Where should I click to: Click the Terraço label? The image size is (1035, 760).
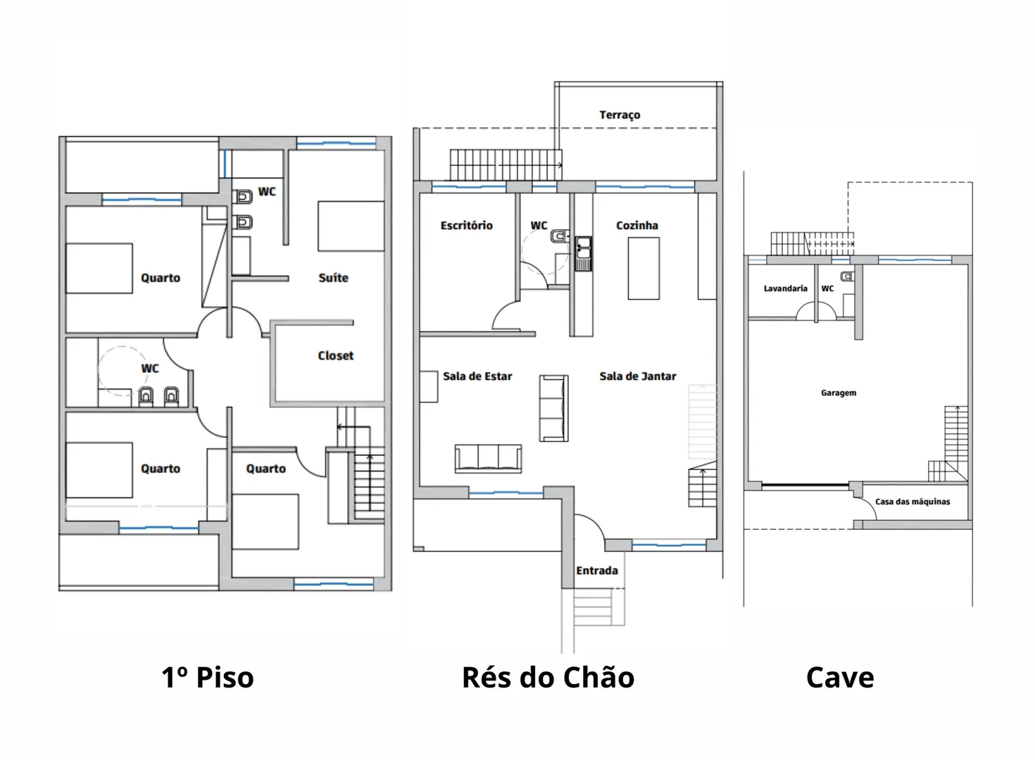[x=620, y=115]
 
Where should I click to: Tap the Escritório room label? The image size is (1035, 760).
[x=466, y=225]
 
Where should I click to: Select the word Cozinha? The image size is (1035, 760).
[x=636, y=225]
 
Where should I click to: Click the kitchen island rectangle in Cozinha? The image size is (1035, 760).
[x=644, y=268]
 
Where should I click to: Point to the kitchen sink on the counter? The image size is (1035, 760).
[x=583, y=253]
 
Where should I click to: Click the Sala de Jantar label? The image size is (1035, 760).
[x=638, y=376]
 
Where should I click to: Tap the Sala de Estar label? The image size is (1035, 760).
[x=477, y=376]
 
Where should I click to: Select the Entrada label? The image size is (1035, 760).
[x=597, y=571]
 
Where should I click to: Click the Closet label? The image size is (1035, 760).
[x=335, y=355]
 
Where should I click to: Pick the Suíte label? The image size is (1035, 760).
[x=333, y=277]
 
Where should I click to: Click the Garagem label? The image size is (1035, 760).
[x=838, y=393]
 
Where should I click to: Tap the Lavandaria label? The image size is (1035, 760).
[x=786, y=289]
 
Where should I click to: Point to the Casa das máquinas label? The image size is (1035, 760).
[x=912, y=502]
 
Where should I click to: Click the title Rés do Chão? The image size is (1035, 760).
[x=548, y=678]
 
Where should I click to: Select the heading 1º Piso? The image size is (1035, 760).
[x=208, y=678]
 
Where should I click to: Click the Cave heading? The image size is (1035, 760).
[x=840, y=678]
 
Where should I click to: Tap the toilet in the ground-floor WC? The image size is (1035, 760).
[x=560, y=236]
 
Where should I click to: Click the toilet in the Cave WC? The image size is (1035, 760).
[x=847, y=277]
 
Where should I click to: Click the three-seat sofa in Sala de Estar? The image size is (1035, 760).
[x=488, y=459]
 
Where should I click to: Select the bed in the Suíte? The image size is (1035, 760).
[x=351, y=227]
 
